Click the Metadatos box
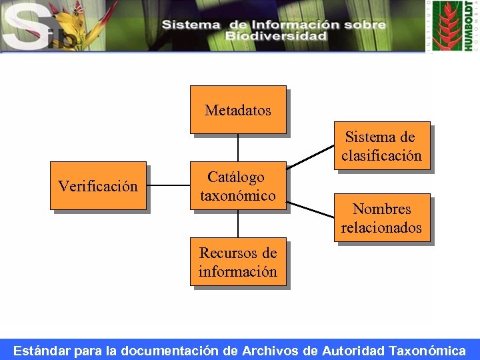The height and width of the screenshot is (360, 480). tap(238, 109)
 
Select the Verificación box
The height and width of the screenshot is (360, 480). tap(98, 185)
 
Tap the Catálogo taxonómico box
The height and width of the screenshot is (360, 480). tap(238, 186)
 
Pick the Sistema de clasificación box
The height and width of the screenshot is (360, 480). tap(382, 146)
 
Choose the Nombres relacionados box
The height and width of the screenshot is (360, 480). tap(382, 218)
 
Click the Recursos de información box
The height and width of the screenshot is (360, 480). tap(238, 262)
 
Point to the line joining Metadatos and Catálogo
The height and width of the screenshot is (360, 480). tap(238, 147)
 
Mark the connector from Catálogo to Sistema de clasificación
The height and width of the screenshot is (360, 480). tap(311, 157)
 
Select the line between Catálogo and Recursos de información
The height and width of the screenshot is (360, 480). tap(238, 224)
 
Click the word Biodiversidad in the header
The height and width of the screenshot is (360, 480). tap(276, 36)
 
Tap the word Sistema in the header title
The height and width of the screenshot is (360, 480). tap(191, 25)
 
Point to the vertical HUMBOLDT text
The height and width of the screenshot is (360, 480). tap(468, 27)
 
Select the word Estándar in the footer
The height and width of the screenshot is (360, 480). tap(41, 351)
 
